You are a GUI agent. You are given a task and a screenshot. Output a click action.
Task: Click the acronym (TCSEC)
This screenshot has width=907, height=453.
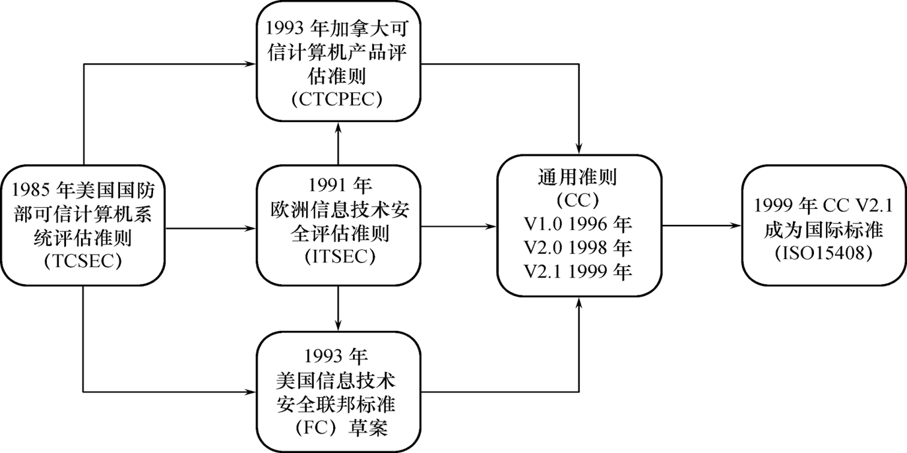tap(83, 262)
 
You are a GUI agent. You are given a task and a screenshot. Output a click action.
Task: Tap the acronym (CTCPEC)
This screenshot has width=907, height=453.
tap(337, 100)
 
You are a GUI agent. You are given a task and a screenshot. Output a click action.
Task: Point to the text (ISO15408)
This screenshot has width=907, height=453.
tap(824, 253)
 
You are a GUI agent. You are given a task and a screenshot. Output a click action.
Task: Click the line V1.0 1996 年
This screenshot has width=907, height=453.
tap(578, 224)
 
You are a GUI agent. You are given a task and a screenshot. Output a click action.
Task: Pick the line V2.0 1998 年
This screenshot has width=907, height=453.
tap(578, 247)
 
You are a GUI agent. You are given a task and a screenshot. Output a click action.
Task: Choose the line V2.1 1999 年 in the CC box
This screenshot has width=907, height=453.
tap(578, 271)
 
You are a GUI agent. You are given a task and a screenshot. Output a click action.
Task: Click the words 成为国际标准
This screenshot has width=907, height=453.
tap(824, 230)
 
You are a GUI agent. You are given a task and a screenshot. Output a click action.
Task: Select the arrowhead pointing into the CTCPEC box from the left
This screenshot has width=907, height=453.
tap(250, 64)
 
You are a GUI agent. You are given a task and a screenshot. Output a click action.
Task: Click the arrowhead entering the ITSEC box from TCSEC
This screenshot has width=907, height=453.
tap(250, 229)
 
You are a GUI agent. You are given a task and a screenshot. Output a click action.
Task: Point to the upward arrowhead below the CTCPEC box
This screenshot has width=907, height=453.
tap(338, 128)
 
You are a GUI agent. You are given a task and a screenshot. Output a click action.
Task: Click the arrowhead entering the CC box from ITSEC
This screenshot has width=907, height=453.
tap(491, 226)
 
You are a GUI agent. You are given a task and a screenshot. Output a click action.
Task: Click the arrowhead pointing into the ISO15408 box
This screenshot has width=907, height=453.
tap(735, 226)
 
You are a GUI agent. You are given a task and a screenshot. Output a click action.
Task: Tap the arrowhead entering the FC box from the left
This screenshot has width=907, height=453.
tap(250, 392)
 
